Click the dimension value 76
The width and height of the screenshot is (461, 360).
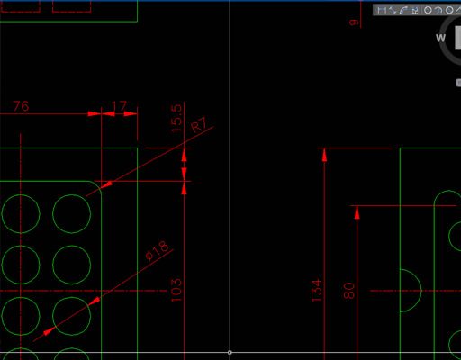pyautogui.click(x=21, y=106)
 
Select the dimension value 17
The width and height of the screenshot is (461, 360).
pyautogui.click(x=119, y=106)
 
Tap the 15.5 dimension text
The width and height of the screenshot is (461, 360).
pyautogui.click(x=176, y=118)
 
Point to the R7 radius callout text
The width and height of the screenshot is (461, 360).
pyautogui.click(x=199, y=124)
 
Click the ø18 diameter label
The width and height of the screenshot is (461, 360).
pyautogui.click(x=157, y=251)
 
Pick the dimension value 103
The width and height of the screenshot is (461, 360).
pyautogui.click(x=176, y=290)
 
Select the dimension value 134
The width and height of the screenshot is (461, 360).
pyautogui.click(x=316, y=291)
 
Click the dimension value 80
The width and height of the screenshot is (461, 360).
pyautogui.click(x=348, y=291)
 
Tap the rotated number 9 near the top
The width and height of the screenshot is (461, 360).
pyautogui.click(x=354, y=22)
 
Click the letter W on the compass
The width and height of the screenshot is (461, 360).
pyautogui.click(x=440, y=38)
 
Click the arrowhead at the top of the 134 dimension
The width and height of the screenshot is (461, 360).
pyautogui.click(x=324, y=156)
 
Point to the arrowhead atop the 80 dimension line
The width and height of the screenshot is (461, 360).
pyautogui.click(x=357, y=212)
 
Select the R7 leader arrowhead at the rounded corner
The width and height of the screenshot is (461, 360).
pyautogui.click(x=107, y=184)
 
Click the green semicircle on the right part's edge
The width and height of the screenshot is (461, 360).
pyautogui.click(x=421, y=291)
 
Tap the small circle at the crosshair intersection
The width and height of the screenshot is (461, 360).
pyautogui.click(x=230, y=352)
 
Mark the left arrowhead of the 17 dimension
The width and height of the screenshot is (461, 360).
pyautogui.click(x=108, y=113)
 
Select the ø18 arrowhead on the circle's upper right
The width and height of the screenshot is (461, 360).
pyautogui.click(x=95, y=301)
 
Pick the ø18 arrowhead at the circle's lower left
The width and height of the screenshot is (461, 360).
pyautogui.click(x=49, y=330)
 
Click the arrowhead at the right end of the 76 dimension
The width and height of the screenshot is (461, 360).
pyautogui.click(x=95, y=113)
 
